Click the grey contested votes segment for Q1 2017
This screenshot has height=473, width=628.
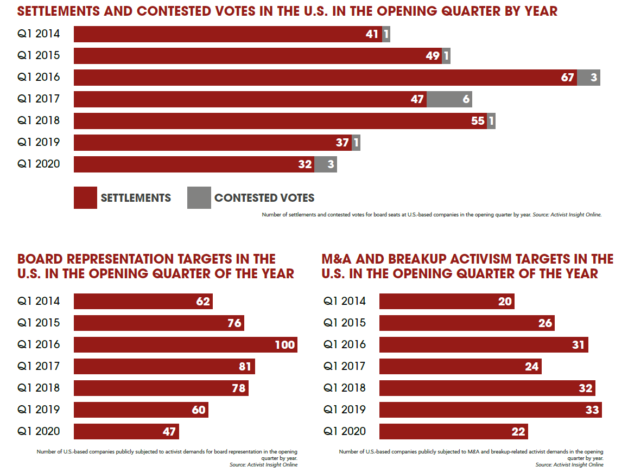[x=449, y=99]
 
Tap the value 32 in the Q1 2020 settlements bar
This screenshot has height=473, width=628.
[x=305, y=164]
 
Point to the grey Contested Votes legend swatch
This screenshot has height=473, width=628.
[x=199, y=198]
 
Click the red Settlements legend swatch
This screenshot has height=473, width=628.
[x=85, y=198]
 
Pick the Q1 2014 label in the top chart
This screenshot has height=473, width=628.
[x=39, y=34]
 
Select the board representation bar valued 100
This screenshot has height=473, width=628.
[x=185, y=344]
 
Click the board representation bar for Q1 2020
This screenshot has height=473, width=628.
[x=126, y=431]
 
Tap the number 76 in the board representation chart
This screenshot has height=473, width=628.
[x=234, y=323]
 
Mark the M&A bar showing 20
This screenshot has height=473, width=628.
[x=446, y=301]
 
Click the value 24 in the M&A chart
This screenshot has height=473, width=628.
[x=532, y=367]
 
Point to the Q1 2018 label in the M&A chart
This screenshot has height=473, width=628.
[x=345, y=388]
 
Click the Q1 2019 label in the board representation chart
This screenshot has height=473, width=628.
[x=39, y=410]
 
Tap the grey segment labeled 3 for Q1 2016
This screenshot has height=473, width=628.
[x=588, y=78]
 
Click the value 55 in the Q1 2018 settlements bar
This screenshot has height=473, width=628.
[x=478, y=121]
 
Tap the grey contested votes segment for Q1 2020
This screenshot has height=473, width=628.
[x=326, y=164]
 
